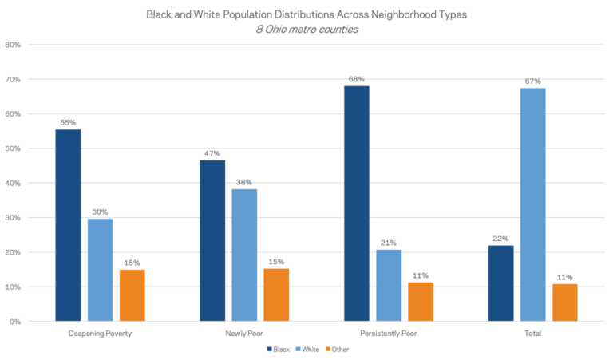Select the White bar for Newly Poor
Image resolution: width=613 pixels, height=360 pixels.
point(244,255)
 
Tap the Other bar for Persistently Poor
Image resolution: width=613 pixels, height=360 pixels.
point(421,302)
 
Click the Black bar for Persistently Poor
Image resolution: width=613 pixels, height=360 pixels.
point(356,204)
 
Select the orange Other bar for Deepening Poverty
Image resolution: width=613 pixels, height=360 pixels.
point(132,295)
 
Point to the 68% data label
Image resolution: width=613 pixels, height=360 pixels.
point(356,79)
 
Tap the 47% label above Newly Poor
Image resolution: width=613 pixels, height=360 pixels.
point(212,152)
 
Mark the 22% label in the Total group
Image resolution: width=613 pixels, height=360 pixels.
point(500,239)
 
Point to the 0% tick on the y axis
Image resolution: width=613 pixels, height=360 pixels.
point(15,322)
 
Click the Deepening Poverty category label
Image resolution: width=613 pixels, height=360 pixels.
point(100,334)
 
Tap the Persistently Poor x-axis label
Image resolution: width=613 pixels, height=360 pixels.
point(389,334)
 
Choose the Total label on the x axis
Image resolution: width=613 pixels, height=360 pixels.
point(532,334)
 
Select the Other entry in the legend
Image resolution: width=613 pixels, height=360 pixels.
point(337,349)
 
